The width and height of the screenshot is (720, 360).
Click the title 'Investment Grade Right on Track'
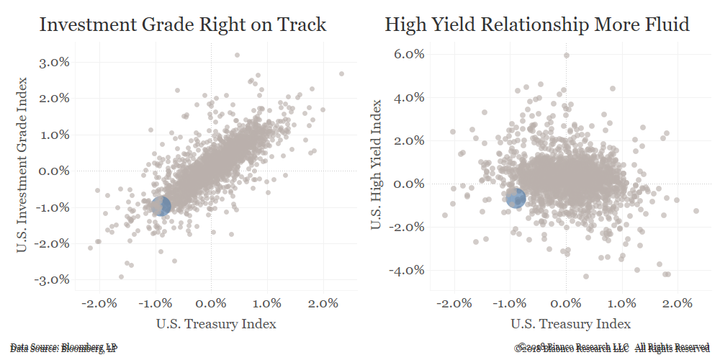(183, 25)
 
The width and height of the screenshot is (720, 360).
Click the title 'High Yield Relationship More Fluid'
(537, 25)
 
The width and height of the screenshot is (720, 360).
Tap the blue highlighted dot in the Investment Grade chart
(161, 205)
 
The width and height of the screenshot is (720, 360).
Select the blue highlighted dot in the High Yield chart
(516, 198)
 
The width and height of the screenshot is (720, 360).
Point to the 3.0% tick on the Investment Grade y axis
(54, 62)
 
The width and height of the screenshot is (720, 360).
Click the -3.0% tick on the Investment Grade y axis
(52, 279)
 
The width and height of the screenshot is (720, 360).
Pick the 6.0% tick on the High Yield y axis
(408, 54)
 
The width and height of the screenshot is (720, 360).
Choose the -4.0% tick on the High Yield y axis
(405, 270)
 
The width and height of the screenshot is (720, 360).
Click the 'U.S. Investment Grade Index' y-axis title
(23, 166)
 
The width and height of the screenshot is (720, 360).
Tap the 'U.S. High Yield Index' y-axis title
(377, 166)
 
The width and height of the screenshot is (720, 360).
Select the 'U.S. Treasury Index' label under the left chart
(216, 324)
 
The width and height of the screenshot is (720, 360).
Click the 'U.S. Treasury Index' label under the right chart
(571, 324)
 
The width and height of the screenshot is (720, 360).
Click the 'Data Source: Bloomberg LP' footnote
(63, 348)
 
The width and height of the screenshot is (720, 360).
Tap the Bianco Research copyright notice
(612, 348)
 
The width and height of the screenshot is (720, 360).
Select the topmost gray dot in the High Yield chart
(567, 55)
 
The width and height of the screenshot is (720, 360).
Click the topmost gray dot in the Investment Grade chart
(237, 55)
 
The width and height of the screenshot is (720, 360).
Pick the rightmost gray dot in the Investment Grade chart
(341, 73)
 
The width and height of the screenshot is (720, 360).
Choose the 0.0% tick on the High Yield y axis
(408, 184)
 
